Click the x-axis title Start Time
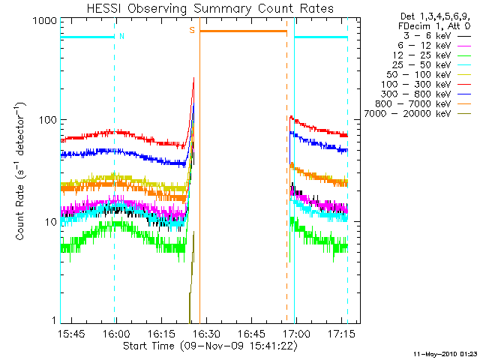pyautogui.click(x=211, y=346)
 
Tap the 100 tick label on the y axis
pyautogui.click(x=47, y=121)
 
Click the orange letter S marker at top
pyautogui.click(x=192, y=30)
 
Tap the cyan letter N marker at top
pyautogui.click(x=121, y=35)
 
